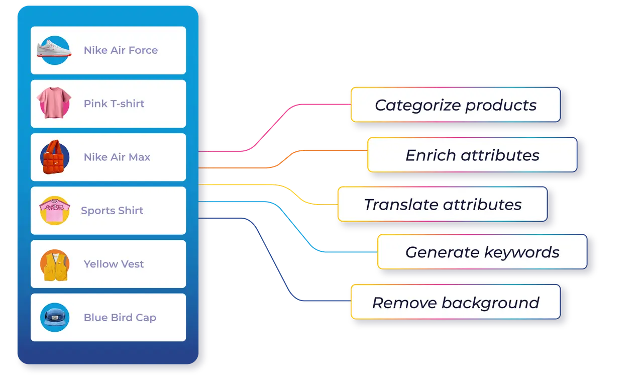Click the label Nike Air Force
click(121, 50)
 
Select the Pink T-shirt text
click(114, 104)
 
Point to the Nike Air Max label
click(117, 157)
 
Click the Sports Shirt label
click(112, 211)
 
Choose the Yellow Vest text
click(114, 264)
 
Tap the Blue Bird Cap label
click(120, 318)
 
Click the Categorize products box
click(455, 105)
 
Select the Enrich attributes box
click(472, 155)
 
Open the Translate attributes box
click(442, 204)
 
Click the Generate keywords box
click(482, 251)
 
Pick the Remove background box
click(455, 302)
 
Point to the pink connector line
click(271, 126)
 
